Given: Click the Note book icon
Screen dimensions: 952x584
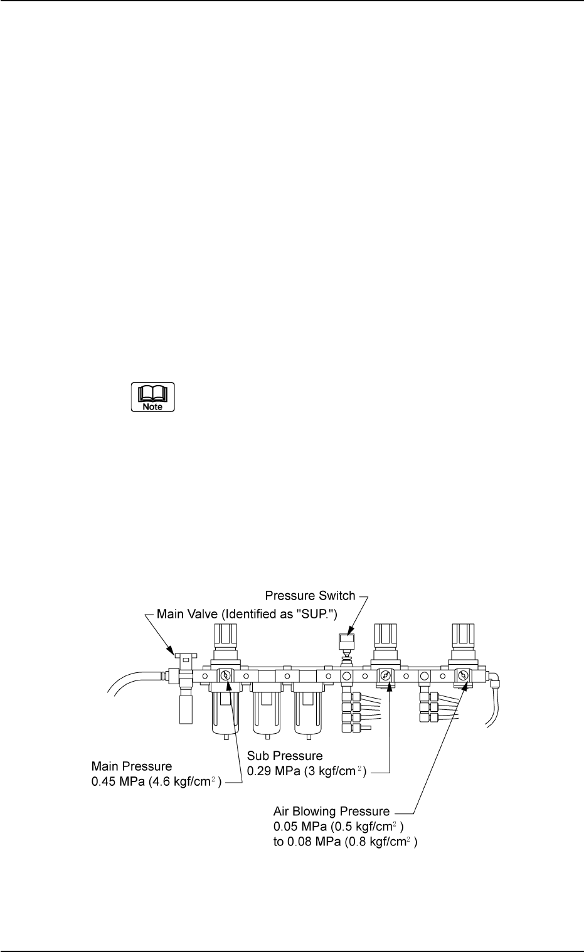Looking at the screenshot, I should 152,397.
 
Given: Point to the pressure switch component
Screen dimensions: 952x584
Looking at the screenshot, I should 343,643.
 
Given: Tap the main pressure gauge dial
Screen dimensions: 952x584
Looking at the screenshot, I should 226,676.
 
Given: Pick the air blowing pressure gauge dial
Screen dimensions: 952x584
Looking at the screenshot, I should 463,676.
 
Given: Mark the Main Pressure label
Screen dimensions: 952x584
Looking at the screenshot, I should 132,766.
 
